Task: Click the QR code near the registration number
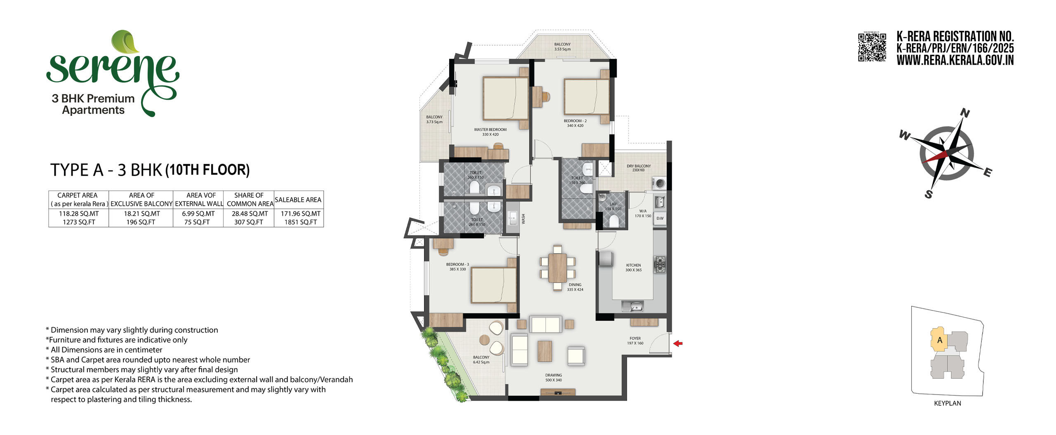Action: (872, 47)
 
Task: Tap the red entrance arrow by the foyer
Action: (678, 343)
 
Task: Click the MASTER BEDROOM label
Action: (490, 129)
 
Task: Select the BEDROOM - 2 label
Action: (575, 121)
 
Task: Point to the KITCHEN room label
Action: (634, 265)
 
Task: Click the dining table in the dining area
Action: (557, 268)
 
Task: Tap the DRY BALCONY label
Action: (639, 166)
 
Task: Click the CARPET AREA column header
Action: (78, 195)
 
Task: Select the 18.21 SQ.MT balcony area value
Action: (141, 214)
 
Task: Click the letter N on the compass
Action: (965, 113)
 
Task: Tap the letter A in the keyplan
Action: (940, 340)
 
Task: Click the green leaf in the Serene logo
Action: (125, 42)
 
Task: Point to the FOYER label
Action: (635, 338)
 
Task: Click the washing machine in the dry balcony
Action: (659, 183)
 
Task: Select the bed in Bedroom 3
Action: (494, 285)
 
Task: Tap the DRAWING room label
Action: (554, 375)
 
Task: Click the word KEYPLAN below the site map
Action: (948, 403)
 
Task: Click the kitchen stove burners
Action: (660, 264)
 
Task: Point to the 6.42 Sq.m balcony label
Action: (481, 362)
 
